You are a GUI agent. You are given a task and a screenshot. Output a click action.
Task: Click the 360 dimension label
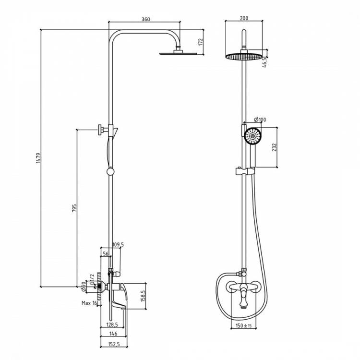point(146,19)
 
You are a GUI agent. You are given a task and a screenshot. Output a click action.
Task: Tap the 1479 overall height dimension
point(38,158)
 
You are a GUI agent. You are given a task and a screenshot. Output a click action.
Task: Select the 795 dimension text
point(74,208)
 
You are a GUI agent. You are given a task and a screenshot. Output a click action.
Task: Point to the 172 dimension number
point(201,42)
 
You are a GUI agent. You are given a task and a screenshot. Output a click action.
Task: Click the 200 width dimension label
point(244,18)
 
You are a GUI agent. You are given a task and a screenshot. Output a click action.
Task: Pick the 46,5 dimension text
point(264,62)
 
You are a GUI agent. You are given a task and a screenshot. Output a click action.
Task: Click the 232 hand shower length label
point(275,147)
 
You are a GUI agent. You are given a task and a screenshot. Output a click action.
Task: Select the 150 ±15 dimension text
point(243,325)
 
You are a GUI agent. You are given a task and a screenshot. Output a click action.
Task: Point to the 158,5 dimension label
point(143,296)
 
